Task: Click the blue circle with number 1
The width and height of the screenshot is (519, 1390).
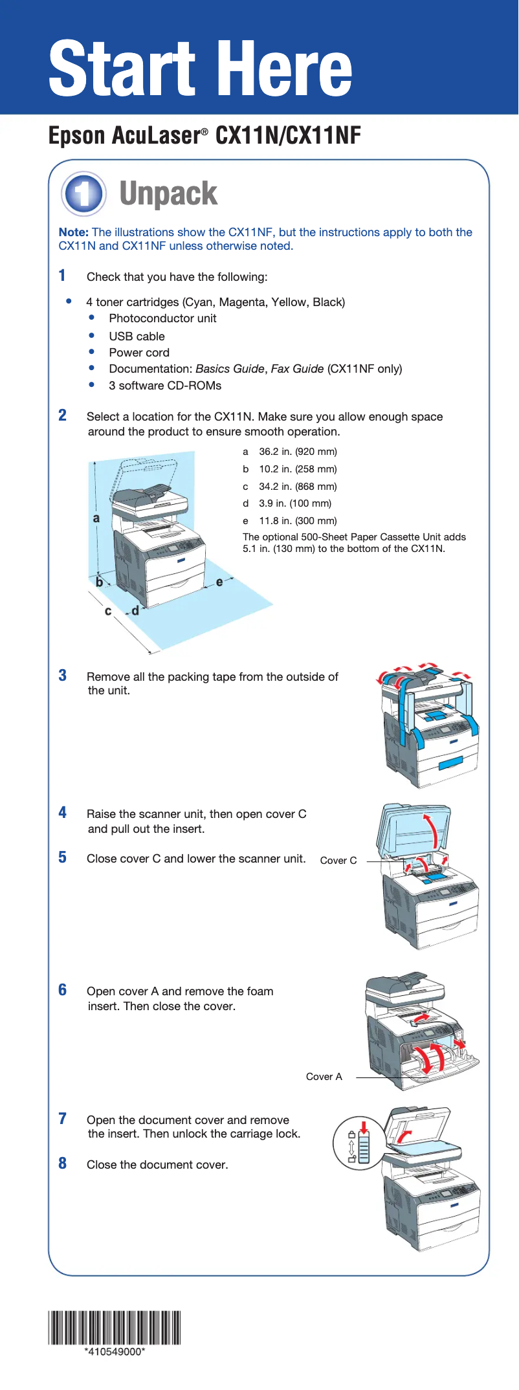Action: point(83,193)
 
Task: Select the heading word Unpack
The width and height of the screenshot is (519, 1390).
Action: point(168,193)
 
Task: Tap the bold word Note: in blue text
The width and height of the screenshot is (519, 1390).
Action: point(73,232)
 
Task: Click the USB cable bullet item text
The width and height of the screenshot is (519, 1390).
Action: point(137,336)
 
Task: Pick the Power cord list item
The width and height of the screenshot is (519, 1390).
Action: point(139,353)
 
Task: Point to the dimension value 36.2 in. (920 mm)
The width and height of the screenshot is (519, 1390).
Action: point(298,452)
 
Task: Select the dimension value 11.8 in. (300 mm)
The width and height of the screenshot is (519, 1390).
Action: point(298,521)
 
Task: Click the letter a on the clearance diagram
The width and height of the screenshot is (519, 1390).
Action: point(96,518)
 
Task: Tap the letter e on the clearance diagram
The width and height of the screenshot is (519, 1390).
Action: point(219,582)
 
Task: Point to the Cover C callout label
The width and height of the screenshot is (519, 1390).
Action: point(338,861)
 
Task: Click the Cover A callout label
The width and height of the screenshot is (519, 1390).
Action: point(324,1077)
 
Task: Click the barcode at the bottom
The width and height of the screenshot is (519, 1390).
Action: point(115,1328)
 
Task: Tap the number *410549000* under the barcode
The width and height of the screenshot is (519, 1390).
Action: point(115,1352)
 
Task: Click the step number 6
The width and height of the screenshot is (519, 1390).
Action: point(63,990)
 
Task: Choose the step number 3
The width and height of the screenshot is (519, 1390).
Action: point(63,676)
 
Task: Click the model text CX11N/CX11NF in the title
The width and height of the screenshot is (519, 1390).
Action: point(288,135)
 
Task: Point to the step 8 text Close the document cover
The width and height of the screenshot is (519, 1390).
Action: point(157,1165)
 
